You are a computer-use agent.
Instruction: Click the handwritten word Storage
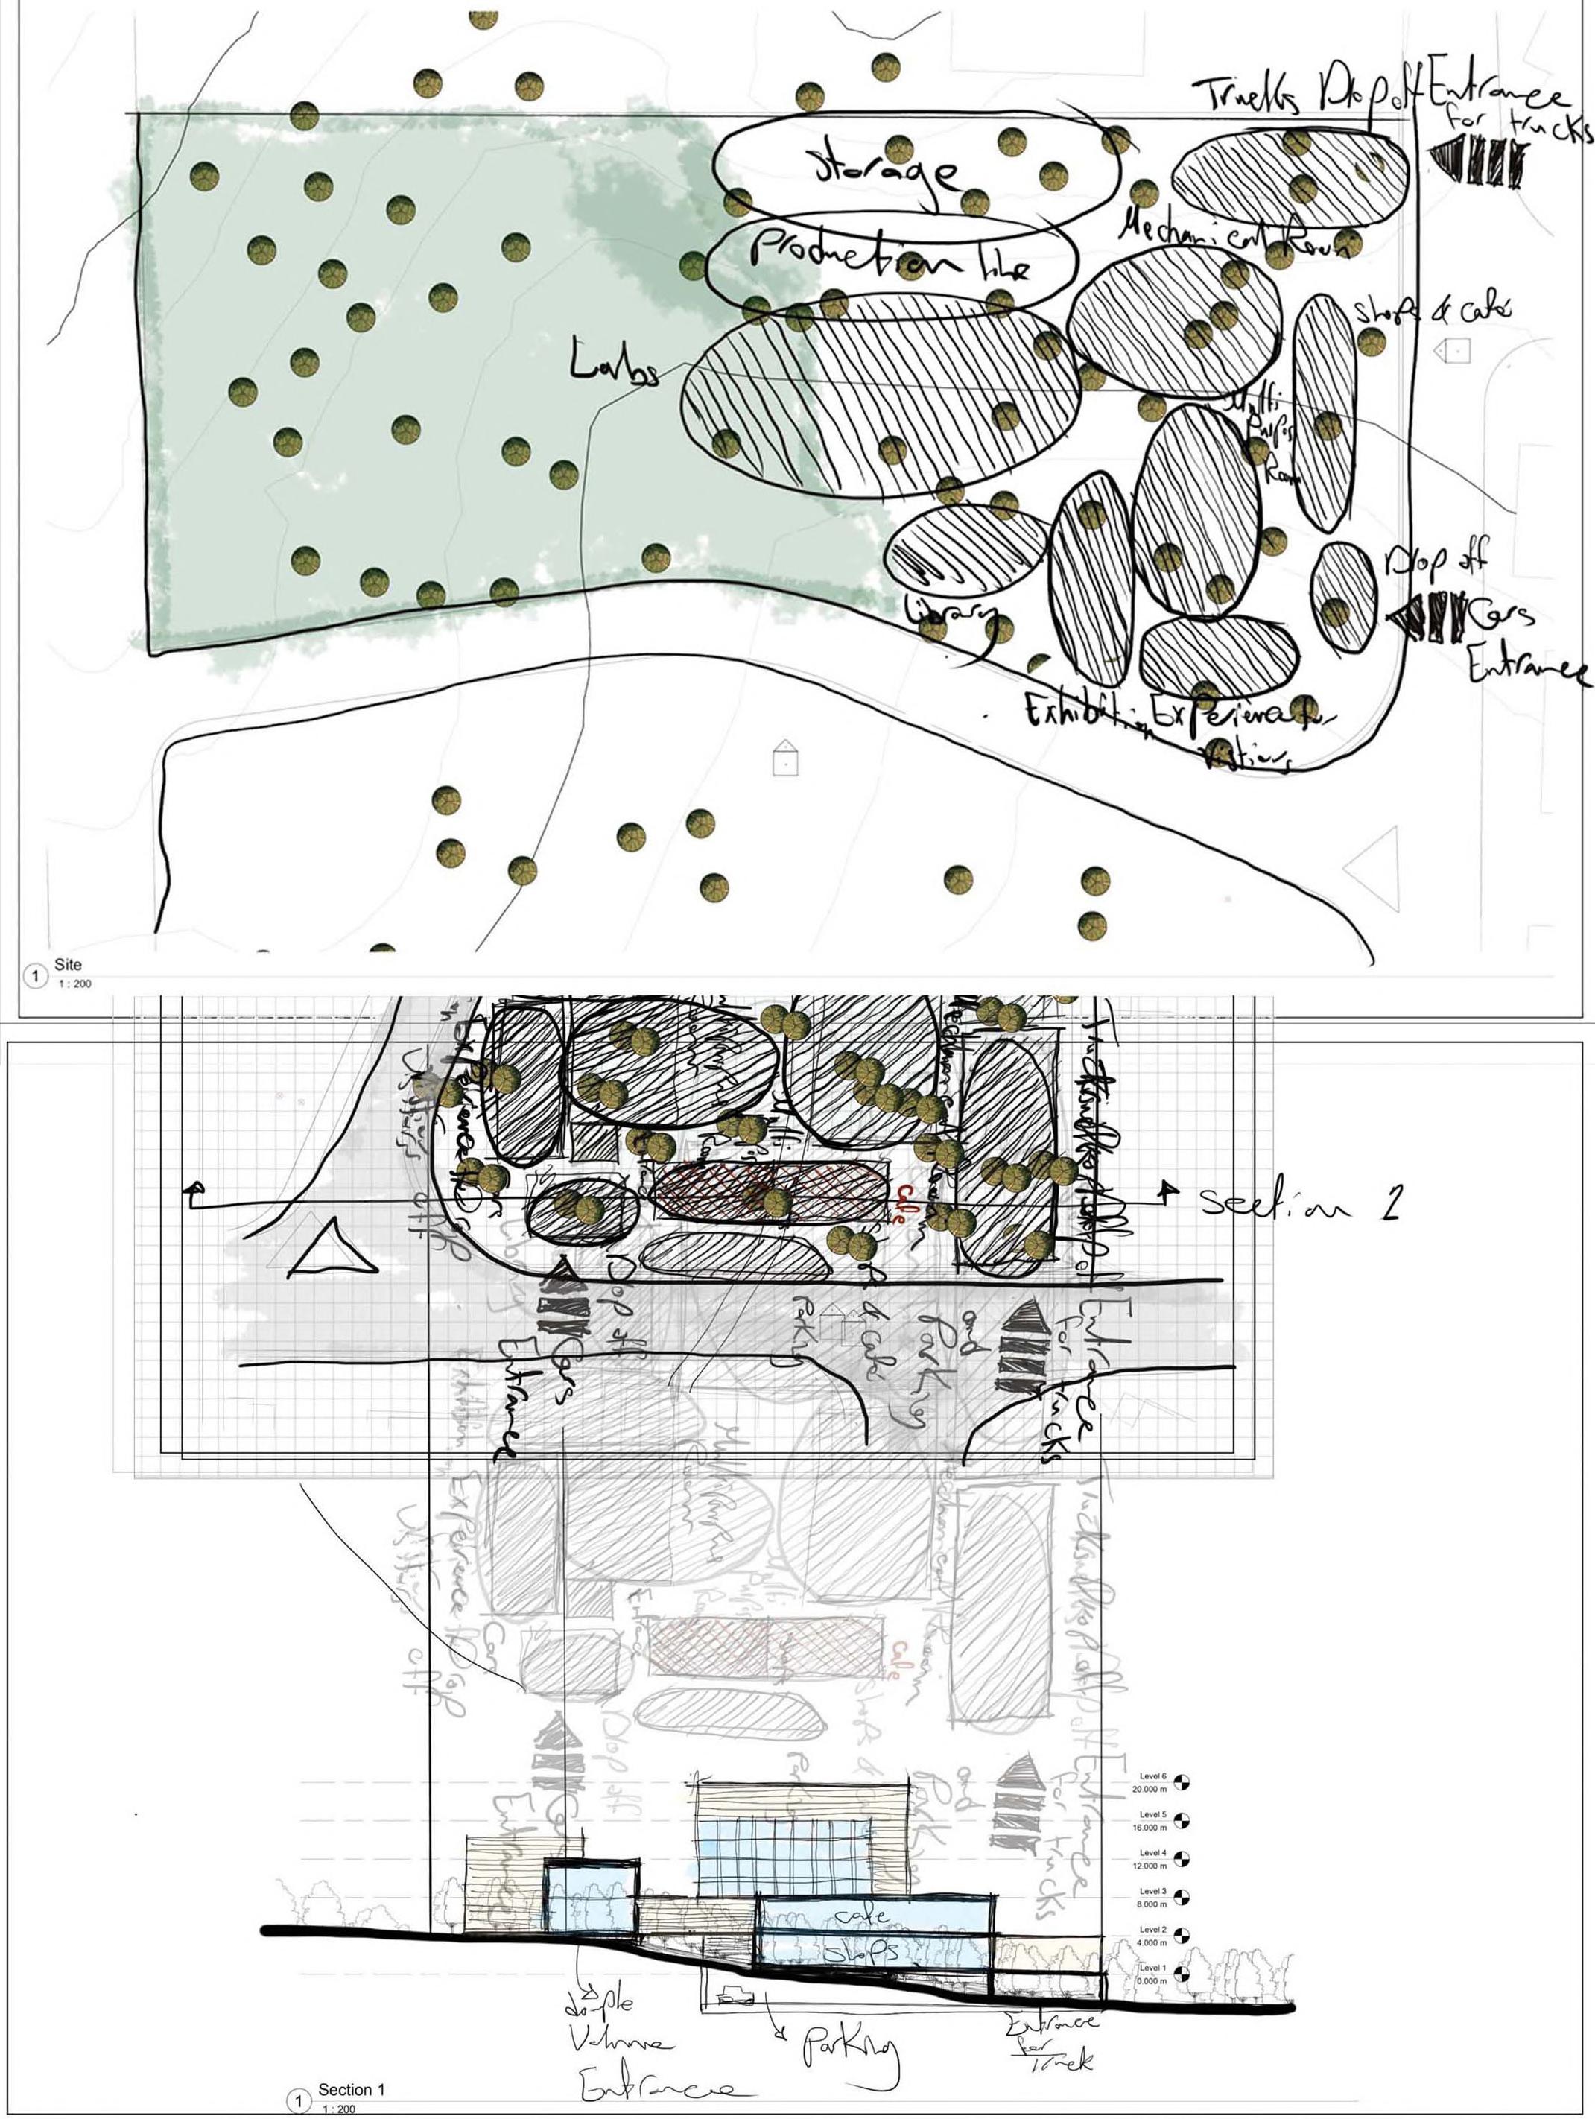[x=886, y=171]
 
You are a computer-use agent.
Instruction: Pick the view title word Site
[x=68, y=965]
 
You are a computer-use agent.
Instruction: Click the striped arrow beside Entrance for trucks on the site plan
[x=1477, y=160]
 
